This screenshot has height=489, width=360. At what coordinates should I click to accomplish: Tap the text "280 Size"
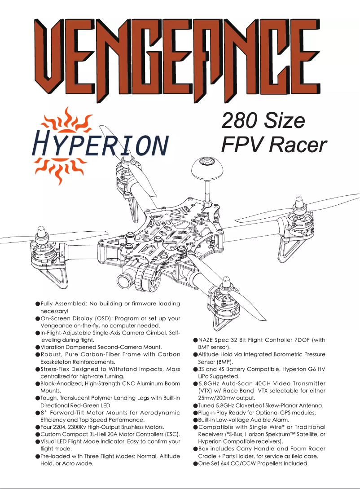click(x=263, y=120)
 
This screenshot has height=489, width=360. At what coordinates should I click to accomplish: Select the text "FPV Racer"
click(x=273, y=145)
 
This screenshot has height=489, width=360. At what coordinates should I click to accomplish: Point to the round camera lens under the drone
click(x=127, y=280)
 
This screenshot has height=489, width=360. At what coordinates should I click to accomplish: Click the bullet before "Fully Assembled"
click(x=38, y=304)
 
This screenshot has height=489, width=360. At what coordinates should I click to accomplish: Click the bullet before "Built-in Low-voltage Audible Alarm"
click(x=196, y=420)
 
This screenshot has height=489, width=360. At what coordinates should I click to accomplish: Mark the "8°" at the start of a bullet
click(x=44, y=413)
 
